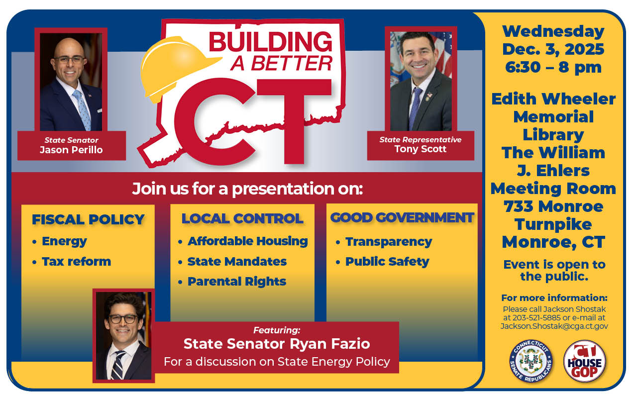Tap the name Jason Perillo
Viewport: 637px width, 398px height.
(71, 150)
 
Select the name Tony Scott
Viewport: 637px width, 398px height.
(421, 149)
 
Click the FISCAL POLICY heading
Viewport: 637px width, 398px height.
(88, 219)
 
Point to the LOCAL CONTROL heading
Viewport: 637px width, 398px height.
(242, 218)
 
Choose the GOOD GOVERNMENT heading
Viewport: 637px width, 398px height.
(402, 218)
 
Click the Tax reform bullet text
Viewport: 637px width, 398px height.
(77, 262)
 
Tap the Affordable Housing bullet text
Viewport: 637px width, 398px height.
(248, 241)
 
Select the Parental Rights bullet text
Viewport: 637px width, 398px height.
(237, 282)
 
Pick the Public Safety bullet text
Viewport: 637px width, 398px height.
(387, 262)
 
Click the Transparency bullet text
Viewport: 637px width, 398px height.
(389, 242)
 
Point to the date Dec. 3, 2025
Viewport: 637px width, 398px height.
(553, 49)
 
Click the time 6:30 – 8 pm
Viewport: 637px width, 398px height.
(553, 68)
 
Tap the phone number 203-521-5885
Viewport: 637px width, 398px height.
(536, 317)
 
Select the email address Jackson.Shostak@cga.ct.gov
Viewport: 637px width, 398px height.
(554, 326)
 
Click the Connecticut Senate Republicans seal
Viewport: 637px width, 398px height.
(531, 361)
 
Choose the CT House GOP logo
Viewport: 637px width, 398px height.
(585, 361)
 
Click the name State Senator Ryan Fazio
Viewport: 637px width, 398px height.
(277, 344)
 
